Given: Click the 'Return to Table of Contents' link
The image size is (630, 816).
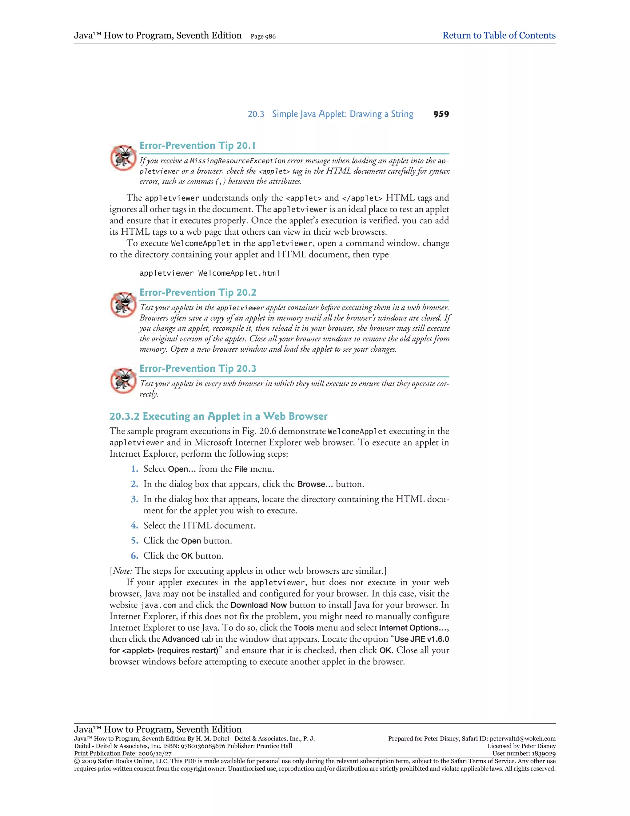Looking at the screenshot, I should point(499,35).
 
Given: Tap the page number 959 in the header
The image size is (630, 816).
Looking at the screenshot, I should point(441,114).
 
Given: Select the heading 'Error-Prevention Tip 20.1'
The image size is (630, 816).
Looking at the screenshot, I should point(197,146).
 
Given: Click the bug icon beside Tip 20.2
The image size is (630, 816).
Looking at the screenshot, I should point(123,305).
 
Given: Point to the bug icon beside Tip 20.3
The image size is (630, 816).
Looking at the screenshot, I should point(123,381).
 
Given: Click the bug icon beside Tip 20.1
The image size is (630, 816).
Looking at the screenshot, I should point(123,158).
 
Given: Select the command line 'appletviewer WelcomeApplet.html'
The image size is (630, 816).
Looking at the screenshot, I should point(209,273).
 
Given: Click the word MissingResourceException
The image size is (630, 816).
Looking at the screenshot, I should point(237,161).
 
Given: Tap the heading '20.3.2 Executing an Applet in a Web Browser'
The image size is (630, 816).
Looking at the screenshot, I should point(218,416).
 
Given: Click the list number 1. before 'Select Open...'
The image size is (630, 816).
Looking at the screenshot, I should point(134,469).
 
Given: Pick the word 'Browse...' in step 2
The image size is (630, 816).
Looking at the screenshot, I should point(315,484).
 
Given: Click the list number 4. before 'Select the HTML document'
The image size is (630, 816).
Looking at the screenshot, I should point(134,526).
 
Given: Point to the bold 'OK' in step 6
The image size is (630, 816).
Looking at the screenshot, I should point(187,556).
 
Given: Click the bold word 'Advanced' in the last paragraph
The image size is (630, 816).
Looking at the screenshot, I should point(181,639).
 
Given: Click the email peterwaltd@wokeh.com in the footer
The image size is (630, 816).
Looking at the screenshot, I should point(523,739).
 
